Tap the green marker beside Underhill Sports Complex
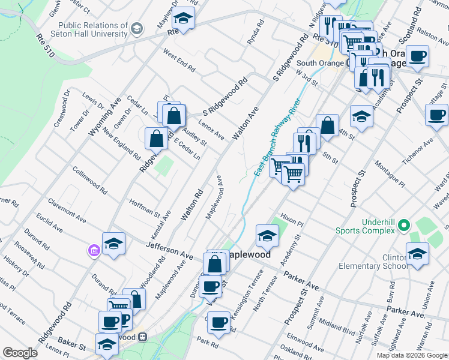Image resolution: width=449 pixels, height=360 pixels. pyautogui.click(x=404, y=226)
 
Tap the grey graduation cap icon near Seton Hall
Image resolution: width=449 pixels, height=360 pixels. pyautogui.click(x=137, y=28)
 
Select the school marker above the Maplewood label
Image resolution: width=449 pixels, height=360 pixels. pyautogui.click(x=267, y=236)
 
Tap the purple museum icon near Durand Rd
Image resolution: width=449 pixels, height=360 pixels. pyautogui.click(x=94, y=250)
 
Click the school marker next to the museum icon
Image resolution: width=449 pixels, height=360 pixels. pyautogui.click(x=113, y=244)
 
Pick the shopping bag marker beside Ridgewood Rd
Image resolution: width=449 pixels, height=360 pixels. pyautogui.click(x=156, y=139)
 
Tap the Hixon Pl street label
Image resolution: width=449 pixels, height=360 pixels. pyautogui.click(x=293, y=221)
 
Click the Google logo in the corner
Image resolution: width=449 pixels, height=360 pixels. pyautogui.click(x=20, y=353)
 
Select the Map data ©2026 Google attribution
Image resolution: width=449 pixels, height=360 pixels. pyautogui.click(x=412, y=355)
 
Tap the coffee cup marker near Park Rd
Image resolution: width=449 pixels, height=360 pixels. pyautogui.click(x=218, y=322)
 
